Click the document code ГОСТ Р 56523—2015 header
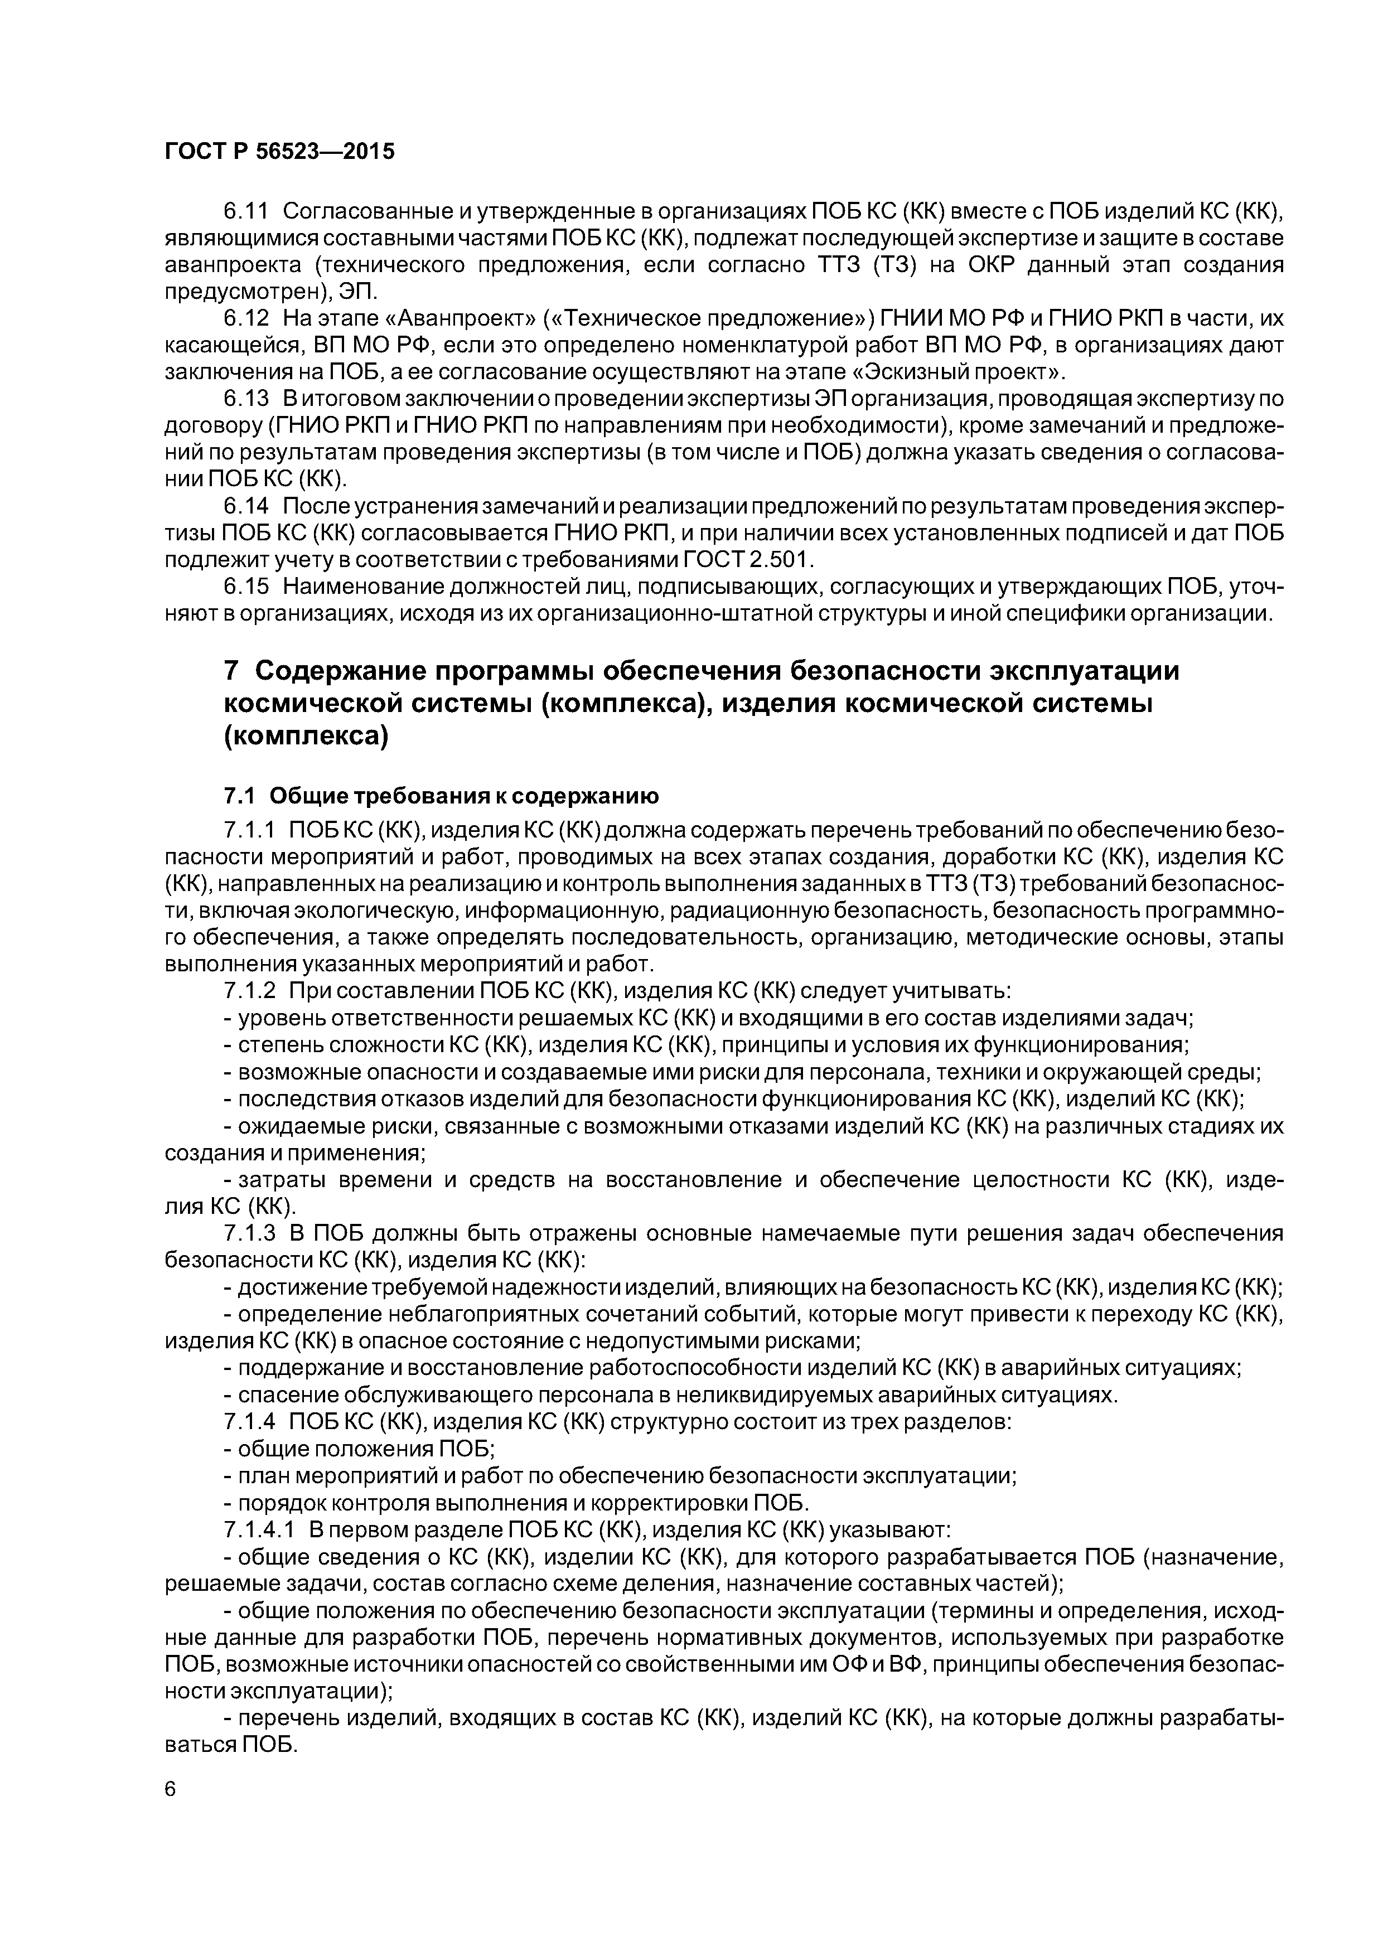pyautogui.click(x=279, y=152)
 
